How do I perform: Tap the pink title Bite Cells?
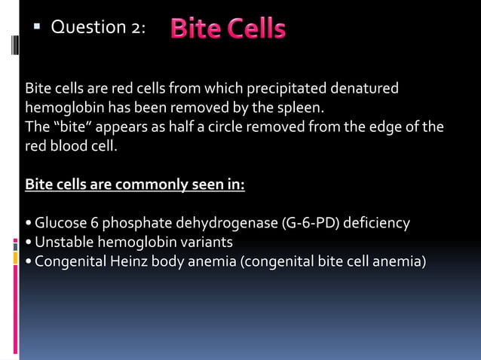228,29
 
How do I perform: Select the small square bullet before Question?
35,27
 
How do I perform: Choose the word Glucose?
57,223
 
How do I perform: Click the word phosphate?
128,223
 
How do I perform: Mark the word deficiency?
375,223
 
